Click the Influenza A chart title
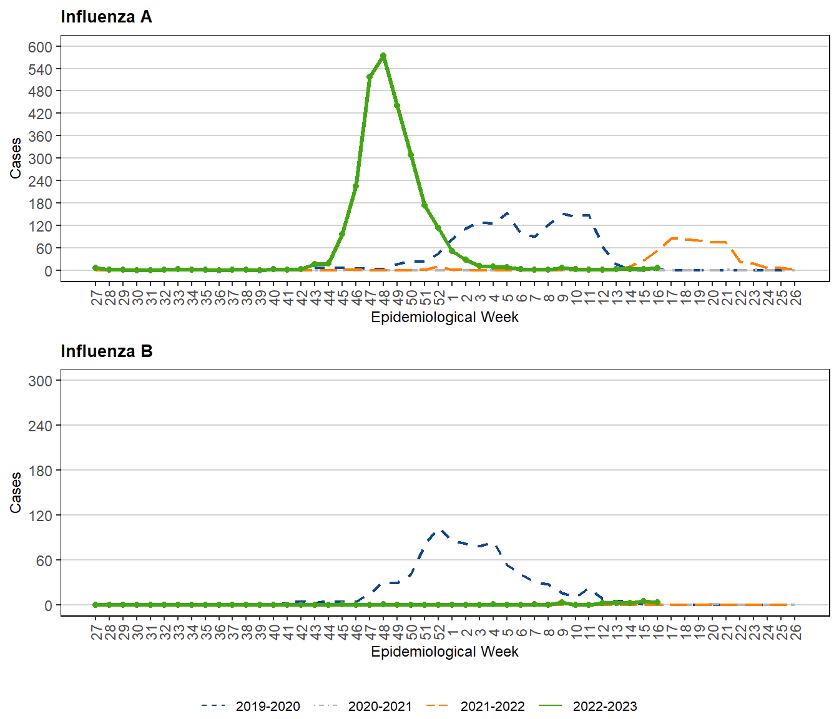click(106, 17)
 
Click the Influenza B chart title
click(106, 351)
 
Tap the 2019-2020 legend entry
click(250, 706)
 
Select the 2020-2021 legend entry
click(363, 706)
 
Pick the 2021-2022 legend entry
click(475, 706)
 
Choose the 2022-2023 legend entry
click(587, 706)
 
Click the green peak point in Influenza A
click(383, 56)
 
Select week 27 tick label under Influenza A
click(96, 297)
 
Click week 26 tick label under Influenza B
click(795, 632)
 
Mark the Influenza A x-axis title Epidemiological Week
click(444, 317)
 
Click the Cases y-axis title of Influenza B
click(16, 492)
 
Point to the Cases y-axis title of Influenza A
click(16, 158)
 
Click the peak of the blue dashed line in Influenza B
click(441, 531)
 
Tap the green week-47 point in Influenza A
click(370, 77)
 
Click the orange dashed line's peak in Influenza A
click(673, 238)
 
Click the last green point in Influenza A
click(657, 268)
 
